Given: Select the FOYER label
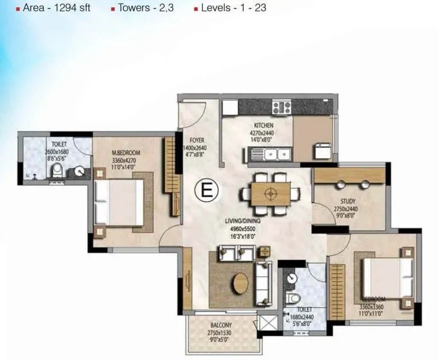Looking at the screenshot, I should click(197, 140).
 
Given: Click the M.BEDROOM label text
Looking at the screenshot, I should click(126, 153).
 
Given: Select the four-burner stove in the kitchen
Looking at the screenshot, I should click(282, 106).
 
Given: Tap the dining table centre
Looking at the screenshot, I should click(268, 194).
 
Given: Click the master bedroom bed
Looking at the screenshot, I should click(119, 202).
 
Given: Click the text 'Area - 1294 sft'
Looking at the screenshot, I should click(56, 9).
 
